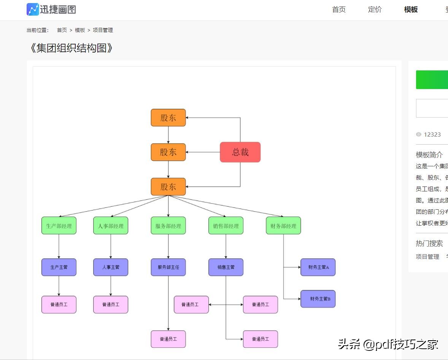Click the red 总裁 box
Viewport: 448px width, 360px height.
(240, 152)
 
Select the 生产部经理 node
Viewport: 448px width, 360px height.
(59, 226)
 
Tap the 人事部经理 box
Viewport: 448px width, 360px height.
(111, 226)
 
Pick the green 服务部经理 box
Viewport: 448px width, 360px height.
(168, 226)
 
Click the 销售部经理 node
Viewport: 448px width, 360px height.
(226, 226)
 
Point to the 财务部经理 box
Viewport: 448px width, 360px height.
(283, 226)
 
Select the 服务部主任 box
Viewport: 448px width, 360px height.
(168, 267)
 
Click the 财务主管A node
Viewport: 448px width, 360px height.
(318, 267)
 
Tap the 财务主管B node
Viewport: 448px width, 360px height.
(318, 299)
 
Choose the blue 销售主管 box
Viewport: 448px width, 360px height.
(226, 267)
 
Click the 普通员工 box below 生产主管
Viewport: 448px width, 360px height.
(59, 304)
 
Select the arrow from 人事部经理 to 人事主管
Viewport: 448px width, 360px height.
(111, 247)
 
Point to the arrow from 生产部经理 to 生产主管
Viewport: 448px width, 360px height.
(59, 247)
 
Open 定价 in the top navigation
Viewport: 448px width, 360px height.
(375, 10)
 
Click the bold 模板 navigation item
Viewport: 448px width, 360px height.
(411, 10)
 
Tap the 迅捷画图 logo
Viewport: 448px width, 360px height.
(51, 10)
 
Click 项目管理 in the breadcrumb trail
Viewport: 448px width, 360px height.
(103, 30)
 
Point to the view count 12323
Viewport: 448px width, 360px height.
(432, 134)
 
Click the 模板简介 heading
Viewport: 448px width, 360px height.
(429, 155)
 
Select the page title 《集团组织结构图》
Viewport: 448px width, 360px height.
(71, 48)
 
